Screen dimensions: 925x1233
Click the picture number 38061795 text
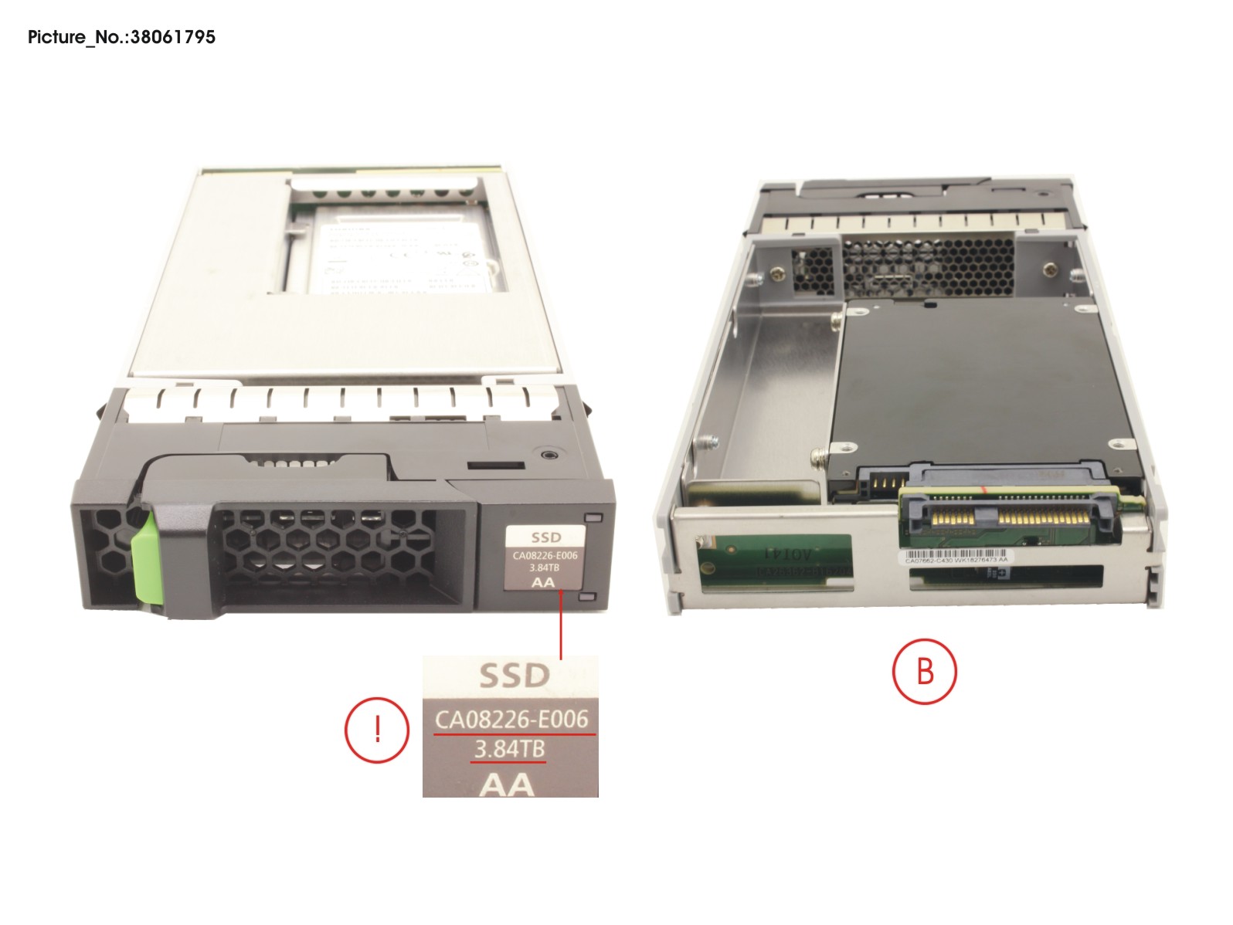121,37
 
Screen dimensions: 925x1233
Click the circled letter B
925,671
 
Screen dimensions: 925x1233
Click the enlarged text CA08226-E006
511,720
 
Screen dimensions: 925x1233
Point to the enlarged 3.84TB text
509,749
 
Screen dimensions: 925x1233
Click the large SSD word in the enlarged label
514,676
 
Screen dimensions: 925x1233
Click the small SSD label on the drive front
545,537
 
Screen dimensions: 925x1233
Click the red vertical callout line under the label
560,625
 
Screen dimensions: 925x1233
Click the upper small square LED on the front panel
593,518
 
